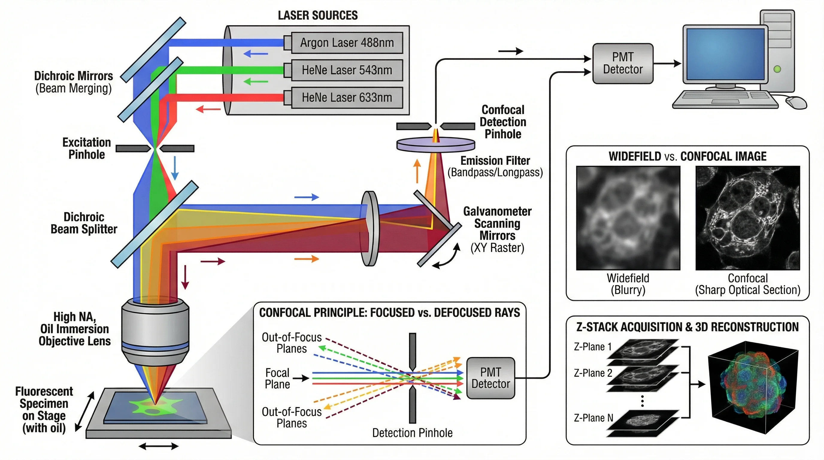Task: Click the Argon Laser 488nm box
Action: [347, 43]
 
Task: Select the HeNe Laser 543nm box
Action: [347, 70]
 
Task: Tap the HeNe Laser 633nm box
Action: [347, 98]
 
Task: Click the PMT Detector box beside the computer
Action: [622, 63]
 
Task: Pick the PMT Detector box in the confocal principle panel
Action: [490, 378]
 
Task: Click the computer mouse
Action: [796, 102]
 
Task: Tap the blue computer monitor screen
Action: [725, 54]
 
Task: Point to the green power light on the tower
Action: [777, 69]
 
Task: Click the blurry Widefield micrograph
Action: [628, 218]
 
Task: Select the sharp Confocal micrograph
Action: [748, 218]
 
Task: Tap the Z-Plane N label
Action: [593, 418]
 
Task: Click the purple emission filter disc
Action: [435, 145]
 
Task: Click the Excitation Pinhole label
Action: [87, 149]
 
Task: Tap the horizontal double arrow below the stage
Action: [158, 446]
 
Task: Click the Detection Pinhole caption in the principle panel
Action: [412, 433]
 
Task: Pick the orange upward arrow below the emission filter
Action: [416, 171]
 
